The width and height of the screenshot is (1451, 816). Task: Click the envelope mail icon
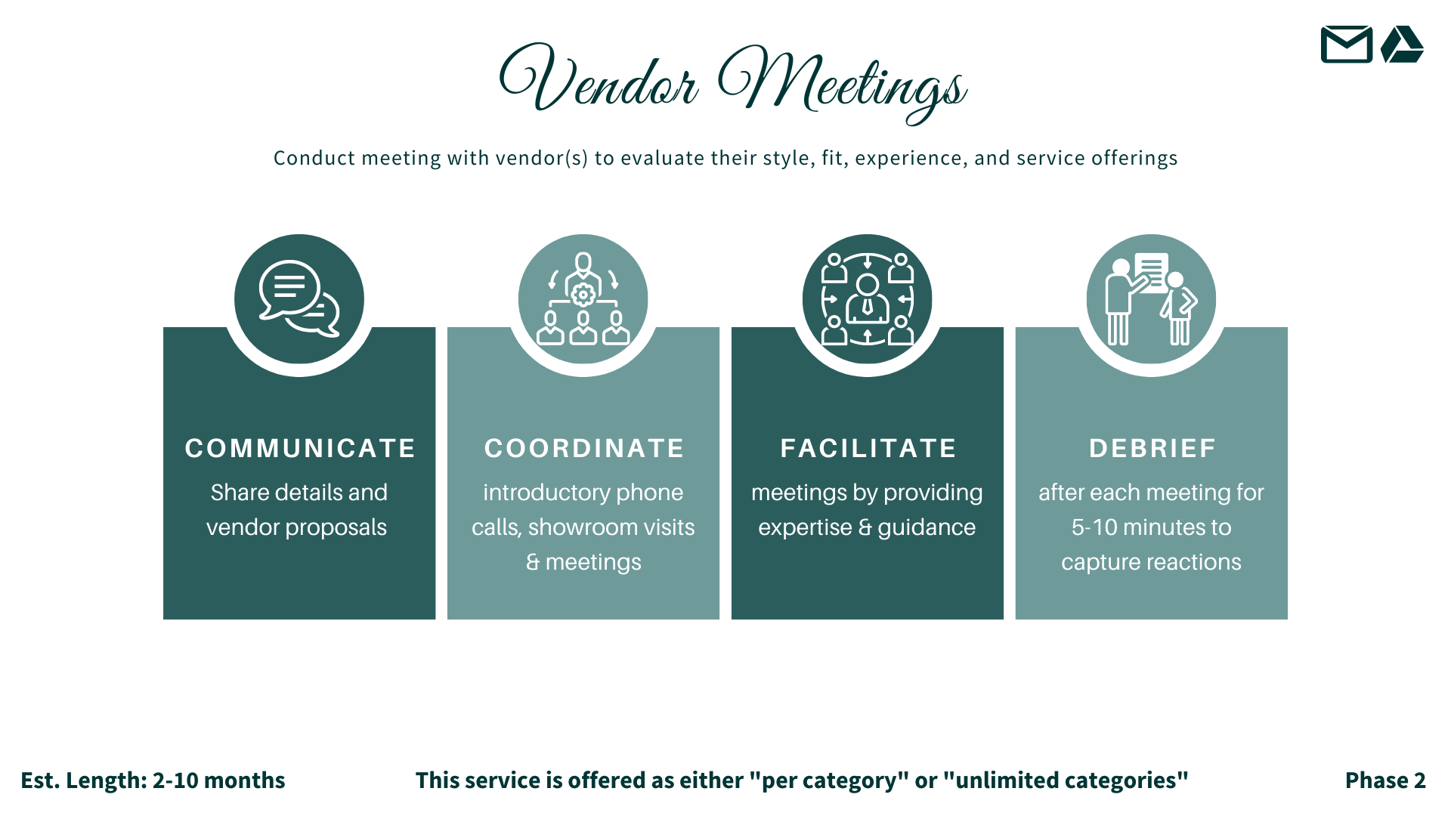click(1346, 45)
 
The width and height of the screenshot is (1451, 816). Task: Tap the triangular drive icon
click(1402, 45)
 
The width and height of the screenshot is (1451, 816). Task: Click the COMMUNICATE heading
click(300, 448)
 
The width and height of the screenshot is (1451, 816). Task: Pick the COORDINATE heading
click(583, 448)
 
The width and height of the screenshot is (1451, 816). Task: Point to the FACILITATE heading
click(868, 448)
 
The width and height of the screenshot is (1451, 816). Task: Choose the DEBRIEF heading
click(1152, 448)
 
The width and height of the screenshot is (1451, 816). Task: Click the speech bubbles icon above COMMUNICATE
click(299, 299)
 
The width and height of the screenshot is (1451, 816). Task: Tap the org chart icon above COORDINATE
click(583, 299)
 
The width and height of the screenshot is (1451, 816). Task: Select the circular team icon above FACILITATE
click(868, 299)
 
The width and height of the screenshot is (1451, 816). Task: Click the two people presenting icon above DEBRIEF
click(1151, 299)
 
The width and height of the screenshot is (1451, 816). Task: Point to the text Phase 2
click(1384, 780)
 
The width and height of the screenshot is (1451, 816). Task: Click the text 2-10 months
click(218, 780)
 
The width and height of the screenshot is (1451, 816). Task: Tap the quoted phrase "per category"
click(828, 780)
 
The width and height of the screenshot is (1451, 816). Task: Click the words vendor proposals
click(296, 527)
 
